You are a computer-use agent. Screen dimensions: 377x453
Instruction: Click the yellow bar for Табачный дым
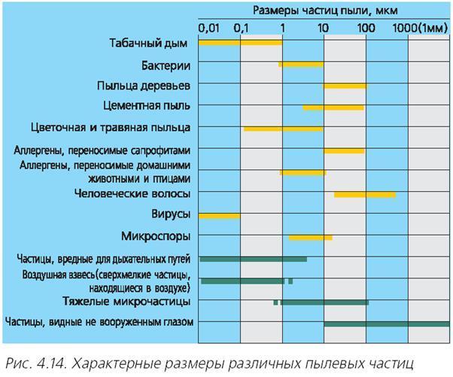240,43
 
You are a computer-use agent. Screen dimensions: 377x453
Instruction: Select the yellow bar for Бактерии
301,65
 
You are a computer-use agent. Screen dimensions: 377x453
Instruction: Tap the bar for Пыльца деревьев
345,86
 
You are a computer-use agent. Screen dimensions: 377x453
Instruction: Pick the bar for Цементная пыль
333,108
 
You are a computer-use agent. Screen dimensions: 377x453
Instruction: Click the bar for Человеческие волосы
365,195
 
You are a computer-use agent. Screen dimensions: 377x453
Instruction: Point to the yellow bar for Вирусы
219,216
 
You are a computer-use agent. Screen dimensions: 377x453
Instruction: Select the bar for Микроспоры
310,238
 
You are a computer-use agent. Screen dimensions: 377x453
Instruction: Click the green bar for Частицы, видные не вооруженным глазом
386,324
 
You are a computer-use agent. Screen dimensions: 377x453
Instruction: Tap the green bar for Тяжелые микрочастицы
324,303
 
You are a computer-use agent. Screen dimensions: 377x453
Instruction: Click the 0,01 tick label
209,28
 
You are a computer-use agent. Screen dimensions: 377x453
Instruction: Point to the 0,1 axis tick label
242,28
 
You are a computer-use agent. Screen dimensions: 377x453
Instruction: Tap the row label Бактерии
166,65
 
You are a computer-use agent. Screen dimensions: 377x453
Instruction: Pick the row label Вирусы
170,214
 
